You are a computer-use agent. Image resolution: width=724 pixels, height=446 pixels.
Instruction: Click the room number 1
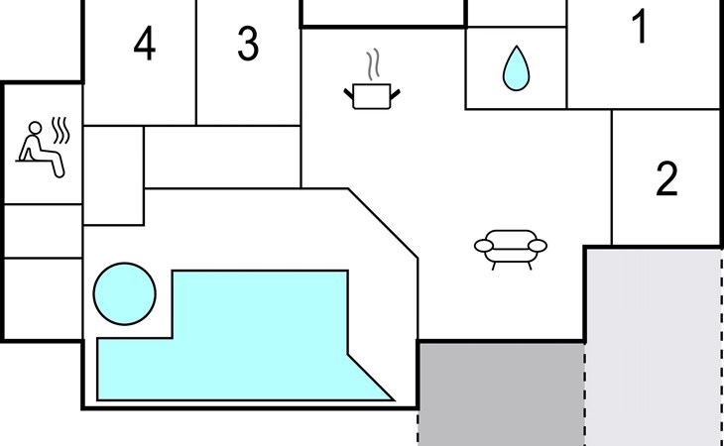pyautogui.click(x=640, y=27)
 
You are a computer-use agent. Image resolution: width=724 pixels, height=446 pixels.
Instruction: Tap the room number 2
pyautogui.click(x=666, y=179)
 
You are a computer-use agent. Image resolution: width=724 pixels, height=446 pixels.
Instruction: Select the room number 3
pyautogui.click(x=248, y=44)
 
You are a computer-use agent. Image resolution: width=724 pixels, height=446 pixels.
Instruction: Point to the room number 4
pyautogui.click(x=144, y=44)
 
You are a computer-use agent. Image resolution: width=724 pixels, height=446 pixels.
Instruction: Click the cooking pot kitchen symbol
pyautogui.click(x=372, y=96)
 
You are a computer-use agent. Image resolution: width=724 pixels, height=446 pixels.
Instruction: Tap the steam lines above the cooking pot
pyautogui.click(x=373, y=63)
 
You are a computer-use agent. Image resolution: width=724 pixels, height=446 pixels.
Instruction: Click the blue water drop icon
pyautogui.click(x=516, y=68)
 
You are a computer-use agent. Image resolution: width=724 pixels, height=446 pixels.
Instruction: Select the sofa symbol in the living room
pyautogui.click(x=510, y=249)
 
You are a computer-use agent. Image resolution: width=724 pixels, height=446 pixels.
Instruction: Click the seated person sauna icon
pyautogui.click(x=41, y=149)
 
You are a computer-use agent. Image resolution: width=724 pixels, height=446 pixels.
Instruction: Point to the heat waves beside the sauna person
pyautogui.click(x=60, y=130)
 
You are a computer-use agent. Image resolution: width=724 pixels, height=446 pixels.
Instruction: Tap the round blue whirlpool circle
pyautogui.click(x=125, y=293)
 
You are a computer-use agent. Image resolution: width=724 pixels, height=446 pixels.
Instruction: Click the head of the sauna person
pyautogui.click(x=35, y=128)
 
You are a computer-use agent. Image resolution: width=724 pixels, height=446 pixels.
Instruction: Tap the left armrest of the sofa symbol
pyautogui.click(x=484, y=246)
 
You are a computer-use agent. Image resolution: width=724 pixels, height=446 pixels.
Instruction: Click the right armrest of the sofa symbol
pyautogui.click(x=538, y=246)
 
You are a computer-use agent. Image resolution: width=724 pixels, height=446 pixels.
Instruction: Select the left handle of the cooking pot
pyautogui.click(x=348, y=93)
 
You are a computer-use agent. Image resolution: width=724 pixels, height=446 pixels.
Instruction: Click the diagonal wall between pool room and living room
pyautogui.click(x=383, y=223)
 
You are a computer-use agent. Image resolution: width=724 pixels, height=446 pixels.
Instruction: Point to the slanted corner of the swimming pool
pyautogui.click(x=371, y=378)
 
